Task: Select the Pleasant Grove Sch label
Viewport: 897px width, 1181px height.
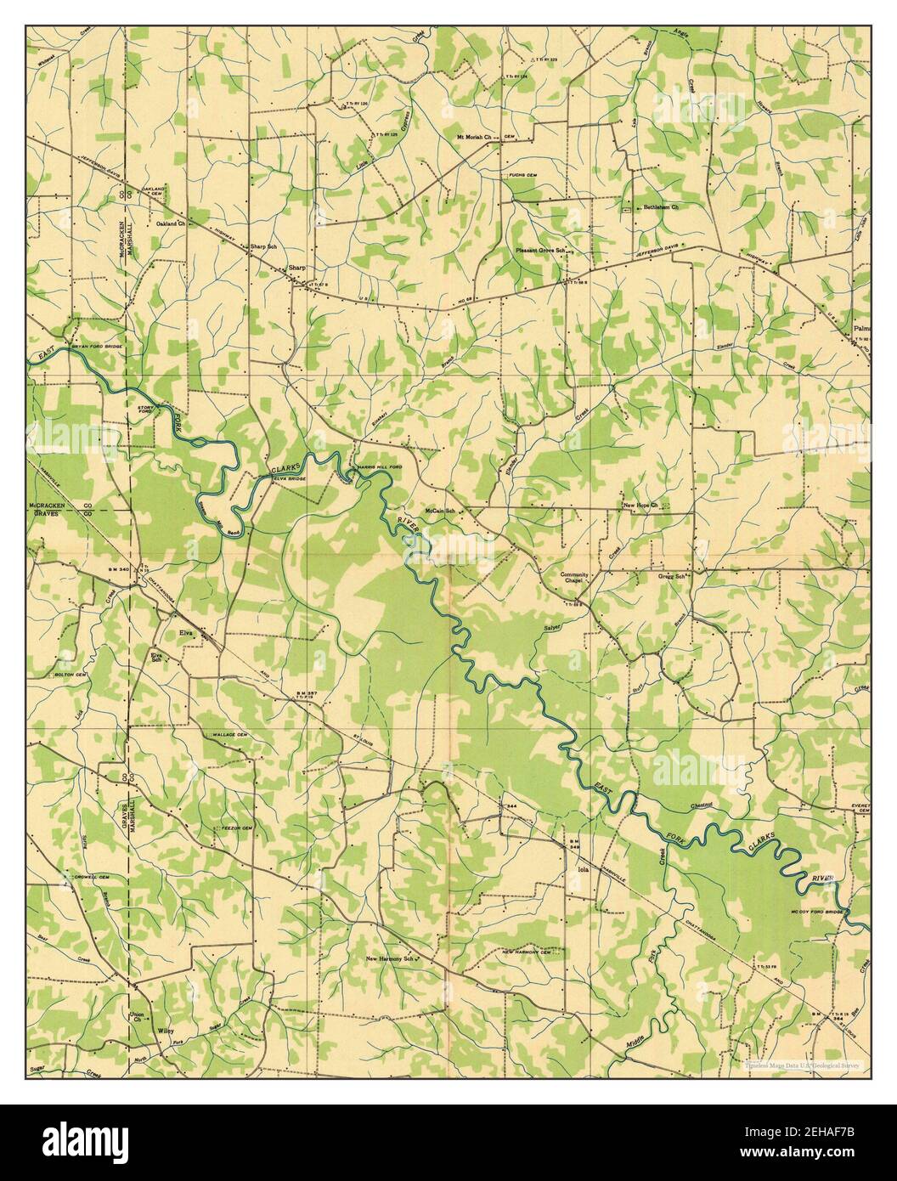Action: point(540,251)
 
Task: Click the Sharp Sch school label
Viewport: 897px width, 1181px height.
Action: point(263,247)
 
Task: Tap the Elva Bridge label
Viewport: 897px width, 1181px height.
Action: point(288,477)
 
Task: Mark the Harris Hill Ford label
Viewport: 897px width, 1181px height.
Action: point(381,468)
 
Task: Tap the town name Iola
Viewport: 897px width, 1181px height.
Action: point(583,870)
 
